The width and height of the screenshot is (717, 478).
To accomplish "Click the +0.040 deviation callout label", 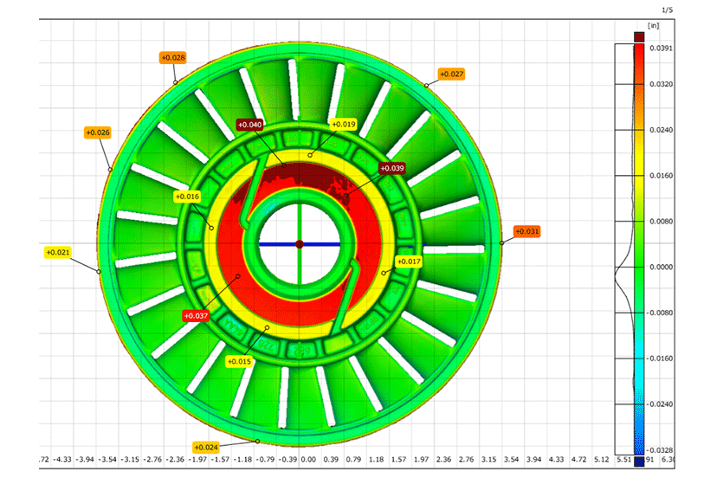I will tap(249, 125).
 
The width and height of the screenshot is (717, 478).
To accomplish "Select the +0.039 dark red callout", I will tap(391, 168).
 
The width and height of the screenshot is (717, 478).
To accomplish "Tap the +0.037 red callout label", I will tap(196, 316).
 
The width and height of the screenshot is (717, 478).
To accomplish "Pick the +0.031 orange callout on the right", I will tap(526, 231).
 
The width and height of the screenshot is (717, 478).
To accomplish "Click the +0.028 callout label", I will tap(172, 57).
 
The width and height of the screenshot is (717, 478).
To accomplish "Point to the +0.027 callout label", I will tap(451, 74).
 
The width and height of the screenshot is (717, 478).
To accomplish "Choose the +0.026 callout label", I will tap(98, 132).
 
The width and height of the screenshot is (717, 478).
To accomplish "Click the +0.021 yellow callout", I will tap(57, 253).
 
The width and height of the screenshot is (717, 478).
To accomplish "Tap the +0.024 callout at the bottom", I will tap(205, 447).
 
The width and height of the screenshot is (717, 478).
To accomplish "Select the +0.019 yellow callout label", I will tap(343, 125).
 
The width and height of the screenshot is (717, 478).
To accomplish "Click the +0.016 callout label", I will tap(187, 197).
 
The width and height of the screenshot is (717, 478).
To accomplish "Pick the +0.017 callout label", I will tap(408, 261).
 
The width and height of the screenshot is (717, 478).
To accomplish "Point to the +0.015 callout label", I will tap(238, 361).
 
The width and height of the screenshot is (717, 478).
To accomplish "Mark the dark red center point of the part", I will tap(300, 244).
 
